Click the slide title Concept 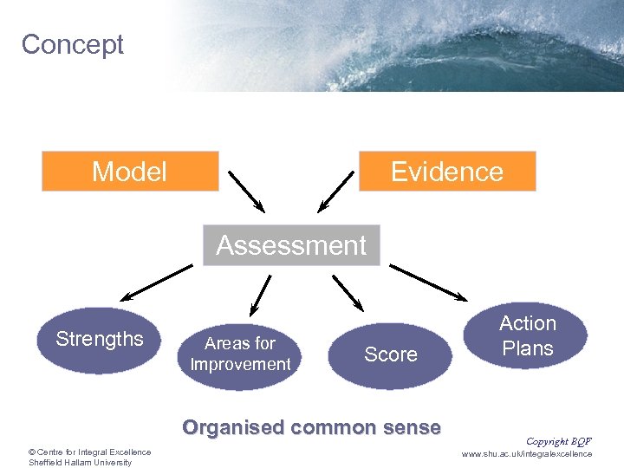click(x=73, y=44)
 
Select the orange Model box click(x=130, y=172)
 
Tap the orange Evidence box click(x=446, y=172)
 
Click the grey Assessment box click(x=291, y=245)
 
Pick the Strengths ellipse click(x=100, y=340)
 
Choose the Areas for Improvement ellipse click(x=240, y=354)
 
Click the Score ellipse click(x=391, y=354)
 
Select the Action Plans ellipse click(x=528, y=336)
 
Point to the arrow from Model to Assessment click(x=246, y=191)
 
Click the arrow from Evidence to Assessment click(x=336, y=191)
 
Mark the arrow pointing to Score click(x=348, y=292)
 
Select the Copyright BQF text click(x=558, y=441)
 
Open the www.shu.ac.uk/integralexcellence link click(x=527, y=453)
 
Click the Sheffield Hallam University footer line click(x=80, y=462)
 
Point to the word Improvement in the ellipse click(x=240, y=365)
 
